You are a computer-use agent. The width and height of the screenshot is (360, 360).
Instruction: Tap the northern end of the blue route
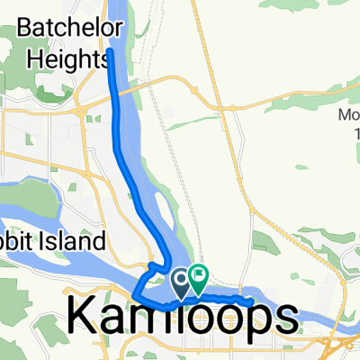(111, 52)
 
